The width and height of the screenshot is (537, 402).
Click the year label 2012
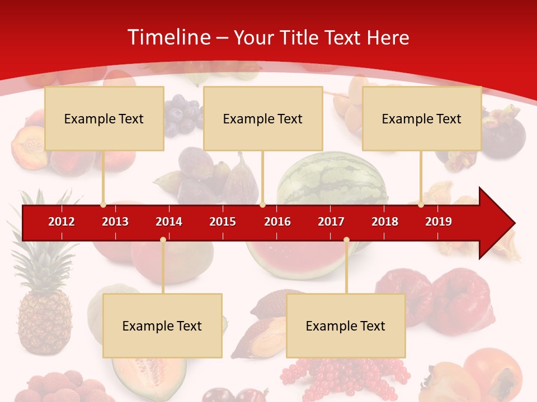tap(62, 222)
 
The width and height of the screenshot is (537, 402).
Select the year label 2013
tap(115, 222)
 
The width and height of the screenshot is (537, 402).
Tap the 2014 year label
tap(169, 222)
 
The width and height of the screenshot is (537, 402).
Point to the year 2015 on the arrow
tap(223, 222)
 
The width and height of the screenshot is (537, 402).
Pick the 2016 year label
tap(277, 222)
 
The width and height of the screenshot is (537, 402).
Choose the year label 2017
tap(331, 222)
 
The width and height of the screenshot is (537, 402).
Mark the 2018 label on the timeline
tap(385, 222)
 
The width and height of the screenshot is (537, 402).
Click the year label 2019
tap(439, 222)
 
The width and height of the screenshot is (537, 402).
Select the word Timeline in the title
tap(168, 37)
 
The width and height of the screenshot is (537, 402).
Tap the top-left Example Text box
tap(104, 118)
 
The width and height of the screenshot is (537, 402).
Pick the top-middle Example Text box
tap(263, 118)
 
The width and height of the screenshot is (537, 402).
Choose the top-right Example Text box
tap(422, 118)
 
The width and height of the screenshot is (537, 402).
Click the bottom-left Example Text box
tap(162, 326)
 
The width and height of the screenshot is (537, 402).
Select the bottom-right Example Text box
tap(346, 326)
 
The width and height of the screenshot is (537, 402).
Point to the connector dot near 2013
tap(103, 205)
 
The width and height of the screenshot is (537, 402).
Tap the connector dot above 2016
tap(262, 205)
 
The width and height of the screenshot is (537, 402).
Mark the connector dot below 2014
tap(163, 240)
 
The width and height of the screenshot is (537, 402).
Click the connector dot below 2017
tap(346, 240)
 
